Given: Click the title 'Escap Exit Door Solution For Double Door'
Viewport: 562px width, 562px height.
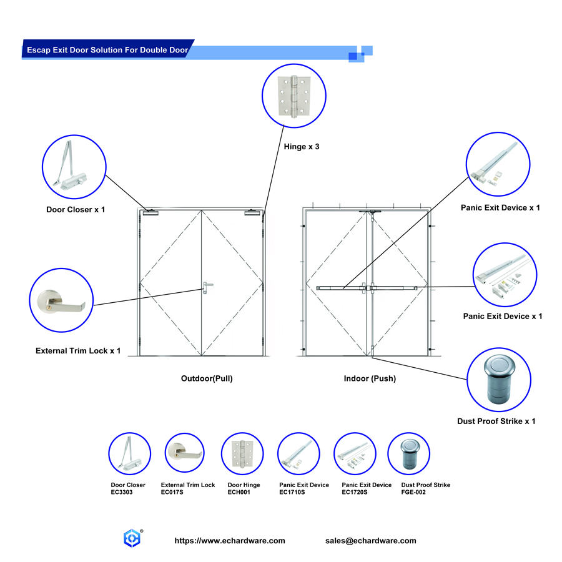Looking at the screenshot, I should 107,50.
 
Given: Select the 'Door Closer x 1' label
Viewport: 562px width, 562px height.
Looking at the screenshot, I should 76,209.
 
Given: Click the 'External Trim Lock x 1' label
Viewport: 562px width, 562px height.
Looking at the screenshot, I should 78,351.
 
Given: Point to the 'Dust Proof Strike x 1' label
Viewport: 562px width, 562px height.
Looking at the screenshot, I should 496,421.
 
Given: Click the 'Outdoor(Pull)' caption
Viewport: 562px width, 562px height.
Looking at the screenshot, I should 207,378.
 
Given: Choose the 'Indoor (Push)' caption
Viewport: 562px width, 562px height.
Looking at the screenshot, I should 370,378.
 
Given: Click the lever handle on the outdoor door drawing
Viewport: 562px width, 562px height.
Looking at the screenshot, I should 207,287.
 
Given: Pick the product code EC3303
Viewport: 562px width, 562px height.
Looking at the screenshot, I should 122,493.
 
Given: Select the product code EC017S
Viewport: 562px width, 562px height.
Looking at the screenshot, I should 172,493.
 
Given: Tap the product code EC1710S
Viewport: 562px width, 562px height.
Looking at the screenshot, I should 292,493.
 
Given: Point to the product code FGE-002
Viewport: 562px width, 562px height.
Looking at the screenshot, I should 413,493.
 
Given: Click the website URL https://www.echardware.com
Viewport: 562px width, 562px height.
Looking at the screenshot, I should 230,541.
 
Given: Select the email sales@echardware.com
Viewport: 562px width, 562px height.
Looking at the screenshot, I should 371,541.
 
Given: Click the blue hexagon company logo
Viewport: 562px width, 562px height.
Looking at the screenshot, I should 132,538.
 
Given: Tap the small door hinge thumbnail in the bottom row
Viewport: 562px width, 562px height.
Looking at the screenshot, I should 243,454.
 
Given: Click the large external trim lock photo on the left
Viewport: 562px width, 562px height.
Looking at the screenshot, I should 62,300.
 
